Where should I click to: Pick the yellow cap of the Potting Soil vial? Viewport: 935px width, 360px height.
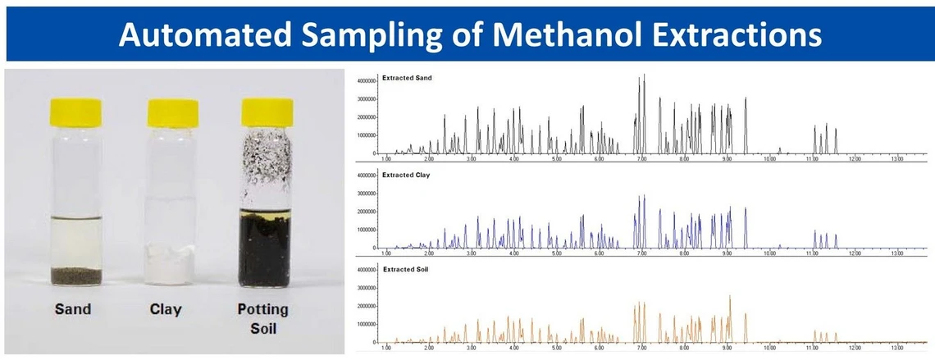(x=267, y=112)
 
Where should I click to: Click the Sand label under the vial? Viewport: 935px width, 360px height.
(x=72, y=309)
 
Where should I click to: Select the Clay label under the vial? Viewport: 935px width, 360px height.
(x=166, y=309)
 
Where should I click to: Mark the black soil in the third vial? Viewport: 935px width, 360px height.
(x=267, y=250)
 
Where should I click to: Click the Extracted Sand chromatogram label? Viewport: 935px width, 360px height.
(x=407, y=78)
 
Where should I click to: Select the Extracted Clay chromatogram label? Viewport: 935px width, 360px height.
(x=406, y=175)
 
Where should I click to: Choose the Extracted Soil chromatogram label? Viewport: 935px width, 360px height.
(x=405, y=270)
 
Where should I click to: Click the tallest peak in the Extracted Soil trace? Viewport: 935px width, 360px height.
(x=729, y=297)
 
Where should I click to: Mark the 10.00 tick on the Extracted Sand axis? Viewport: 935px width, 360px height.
(x=769, y=160)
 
